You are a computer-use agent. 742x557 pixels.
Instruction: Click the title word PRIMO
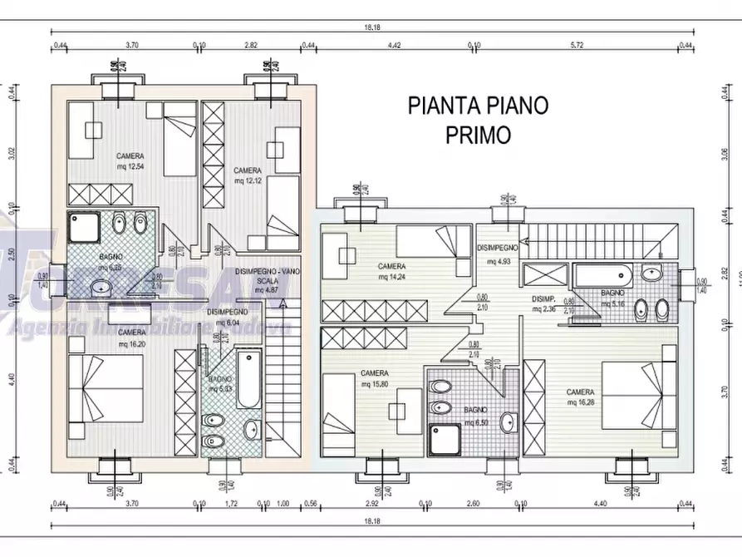point(478,135)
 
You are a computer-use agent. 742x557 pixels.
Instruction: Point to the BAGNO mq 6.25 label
point(110,263)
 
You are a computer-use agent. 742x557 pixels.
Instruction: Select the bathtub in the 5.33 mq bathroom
point(248,379)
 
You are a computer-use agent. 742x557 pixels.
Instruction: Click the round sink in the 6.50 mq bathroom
point(507,421)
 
